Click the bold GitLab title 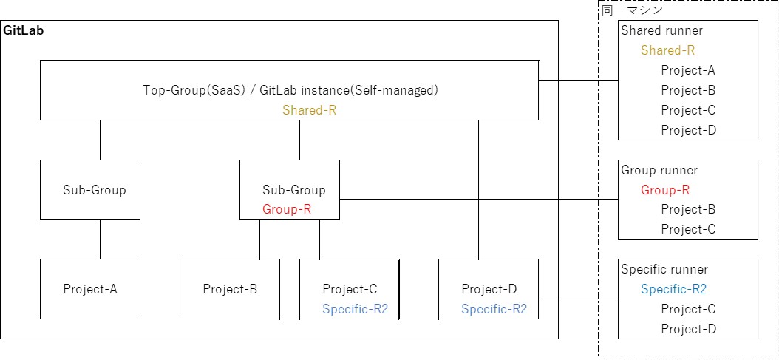tap(24, 31)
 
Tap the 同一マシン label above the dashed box tap(630, 10)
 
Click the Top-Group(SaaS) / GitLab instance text tap(290, 90)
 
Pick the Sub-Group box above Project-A tap(90, 190)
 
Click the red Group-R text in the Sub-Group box tap(287, 209)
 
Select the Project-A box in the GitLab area tap(90, 289)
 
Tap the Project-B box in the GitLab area tap(230, 289)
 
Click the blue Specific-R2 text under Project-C tap(355, 309)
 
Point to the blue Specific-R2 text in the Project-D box tap(494, 309)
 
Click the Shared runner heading tap(661, 31)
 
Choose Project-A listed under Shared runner tap(688, 70)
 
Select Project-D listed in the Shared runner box tap(688, 130)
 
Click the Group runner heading tap(659, 170)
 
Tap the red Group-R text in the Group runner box tap(665, 190)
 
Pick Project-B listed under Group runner tap(688, 209)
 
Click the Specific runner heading tap(664, 269)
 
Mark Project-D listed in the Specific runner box tap(688, 329)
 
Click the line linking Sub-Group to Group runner tap(480, 199)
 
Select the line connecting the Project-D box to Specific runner tap(578, 299)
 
